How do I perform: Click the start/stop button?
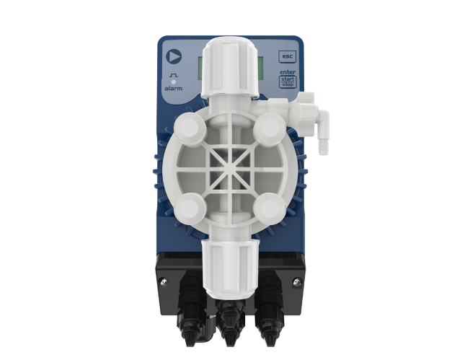(x=288, y=82)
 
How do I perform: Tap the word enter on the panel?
(x=288, y=72)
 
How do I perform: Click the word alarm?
(x=173, y=88)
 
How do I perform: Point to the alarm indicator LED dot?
(x=174, y=82)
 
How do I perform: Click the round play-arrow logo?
(x=174, y=56)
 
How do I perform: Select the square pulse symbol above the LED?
(x=174, y=75)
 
